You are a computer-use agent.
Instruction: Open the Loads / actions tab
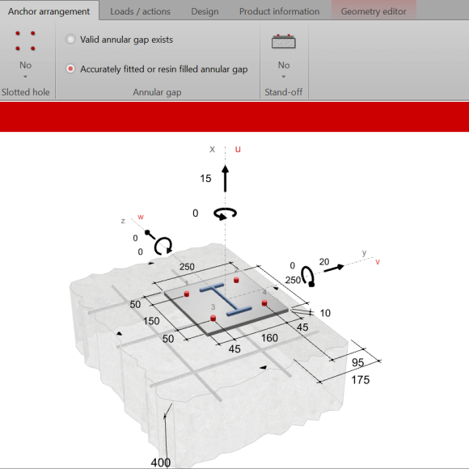(140, 11)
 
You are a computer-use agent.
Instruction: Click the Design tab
(205, 11)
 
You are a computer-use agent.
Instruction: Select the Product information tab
(279, 11)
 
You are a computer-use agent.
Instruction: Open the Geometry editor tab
(374, 11)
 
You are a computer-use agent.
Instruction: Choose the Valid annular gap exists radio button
(70, 39)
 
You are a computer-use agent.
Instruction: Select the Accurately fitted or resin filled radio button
(70, 69)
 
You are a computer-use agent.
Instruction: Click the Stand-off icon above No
(284, 41)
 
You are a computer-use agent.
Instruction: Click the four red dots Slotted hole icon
(25, 40)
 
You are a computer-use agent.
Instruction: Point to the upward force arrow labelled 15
(226, 178)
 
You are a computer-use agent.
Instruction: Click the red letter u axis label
(238, 149)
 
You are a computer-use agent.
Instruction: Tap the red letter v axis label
(378, 262)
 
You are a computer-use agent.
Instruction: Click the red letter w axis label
(141, 217)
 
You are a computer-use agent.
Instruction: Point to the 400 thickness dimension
(161, 463)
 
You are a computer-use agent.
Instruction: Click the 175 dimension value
(361, 380)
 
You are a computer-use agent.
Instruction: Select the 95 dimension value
(358, 362)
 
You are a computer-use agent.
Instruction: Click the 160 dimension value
(269, 338)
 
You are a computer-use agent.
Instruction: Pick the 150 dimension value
(151, 321)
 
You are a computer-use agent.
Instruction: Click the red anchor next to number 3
(213, 318)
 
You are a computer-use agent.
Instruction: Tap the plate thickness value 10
(325, 313)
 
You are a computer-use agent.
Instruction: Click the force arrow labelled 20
(334, 268)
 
